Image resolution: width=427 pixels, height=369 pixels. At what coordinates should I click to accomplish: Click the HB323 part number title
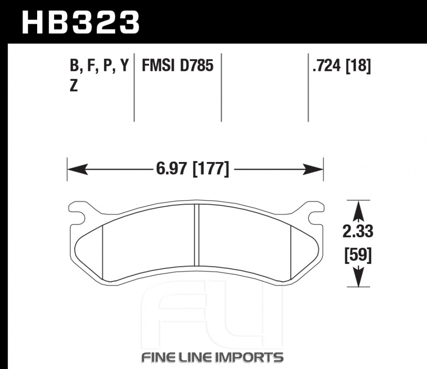[x=81, y=22]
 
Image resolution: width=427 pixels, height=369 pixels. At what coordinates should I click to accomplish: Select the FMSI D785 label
[x=178, y=66]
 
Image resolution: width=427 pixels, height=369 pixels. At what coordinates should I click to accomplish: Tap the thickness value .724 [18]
[x=342, y=66]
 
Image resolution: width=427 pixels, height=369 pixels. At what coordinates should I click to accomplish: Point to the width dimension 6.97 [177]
[x=193, y=169]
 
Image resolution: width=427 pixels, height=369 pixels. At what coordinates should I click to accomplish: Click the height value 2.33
[x=358, y=232]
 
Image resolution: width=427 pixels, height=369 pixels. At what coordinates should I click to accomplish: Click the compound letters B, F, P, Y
[x=99, y=66]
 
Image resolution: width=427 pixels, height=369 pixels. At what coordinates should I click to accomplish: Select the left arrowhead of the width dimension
[x=78, y=169]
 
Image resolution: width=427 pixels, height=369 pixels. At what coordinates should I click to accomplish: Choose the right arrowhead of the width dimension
[x=313, y=169]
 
